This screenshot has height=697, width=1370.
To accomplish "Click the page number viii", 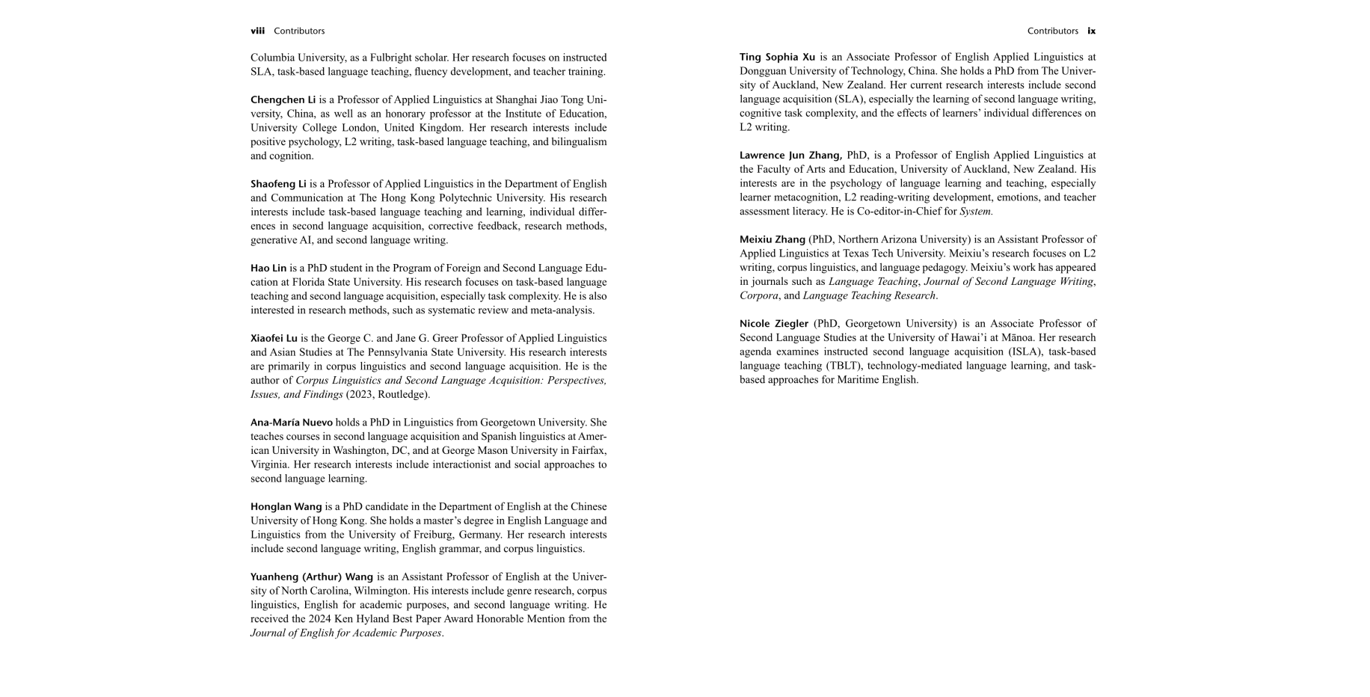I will [x=257, y=31].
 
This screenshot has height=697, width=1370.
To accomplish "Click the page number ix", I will [x=1092, y=31].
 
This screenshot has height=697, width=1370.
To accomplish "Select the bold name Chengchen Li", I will [x=283, y=100].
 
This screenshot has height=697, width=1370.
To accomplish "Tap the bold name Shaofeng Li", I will [x=278, y=184].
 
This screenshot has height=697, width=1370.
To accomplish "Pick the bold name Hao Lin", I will [x=268, y=268].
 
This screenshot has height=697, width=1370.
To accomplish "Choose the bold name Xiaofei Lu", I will [x=274, y=339].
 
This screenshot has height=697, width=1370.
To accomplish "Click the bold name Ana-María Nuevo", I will [x=292, y=423].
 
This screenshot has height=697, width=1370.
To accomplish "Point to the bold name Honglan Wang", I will [x=286, y=507].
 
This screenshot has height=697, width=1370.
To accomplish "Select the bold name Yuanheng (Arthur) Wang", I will [x=312, y=577].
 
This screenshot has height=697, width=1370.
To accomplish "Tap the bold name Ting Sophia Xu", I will [x=777, y=58].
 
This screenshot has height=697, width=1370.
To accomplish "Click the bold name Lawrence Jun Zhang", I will [x=790, y=156].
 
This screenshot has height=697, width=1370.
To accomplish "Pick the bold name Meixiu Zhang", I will [x=772, y=240].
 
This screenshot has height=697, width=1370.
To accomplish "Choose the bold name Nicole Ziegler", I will [x=774, y=324].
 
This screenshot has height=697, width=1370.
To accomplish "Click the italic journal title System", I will [x=976, y=212].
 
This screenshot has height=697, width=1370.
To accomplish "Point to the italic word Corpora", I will [x=759, y=296].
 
